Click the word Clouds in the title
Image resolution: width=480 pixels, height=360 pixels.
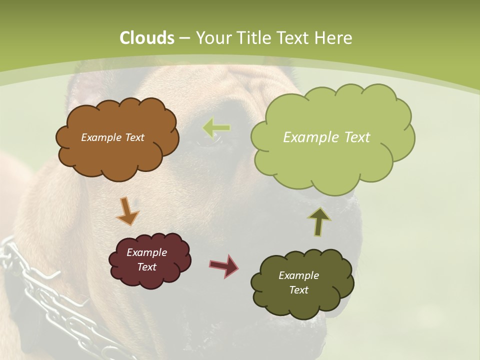(x=147, y=38)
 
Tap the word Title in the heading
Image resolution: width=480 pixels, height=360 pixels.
(x=253, y=38)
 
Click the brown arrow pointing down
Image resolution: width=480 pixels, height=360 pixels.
(x=127, y=211)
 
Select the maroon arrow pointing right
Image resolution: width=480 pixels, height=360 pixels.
(x=224, y=265)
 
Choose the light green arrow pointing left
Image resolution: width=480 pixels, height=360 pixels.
(x=216, y=128)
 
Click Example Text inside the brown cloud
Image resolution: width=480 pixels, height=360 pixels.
(x=112, y=137)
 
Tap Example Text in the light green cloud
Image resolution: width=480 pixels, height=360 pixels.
(x=326, y=137)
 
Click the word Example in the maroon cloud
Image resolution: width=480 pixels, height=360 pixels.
(x=146, y=252)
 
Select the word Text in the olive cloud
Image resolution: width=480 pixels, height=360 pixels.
(x=298, y=290)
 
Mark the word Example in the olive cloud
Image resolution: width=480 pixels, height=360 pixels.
(x=298, y=275)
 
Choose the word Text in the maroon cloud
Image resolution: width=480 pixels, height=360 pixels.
(x=146, y=267)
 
